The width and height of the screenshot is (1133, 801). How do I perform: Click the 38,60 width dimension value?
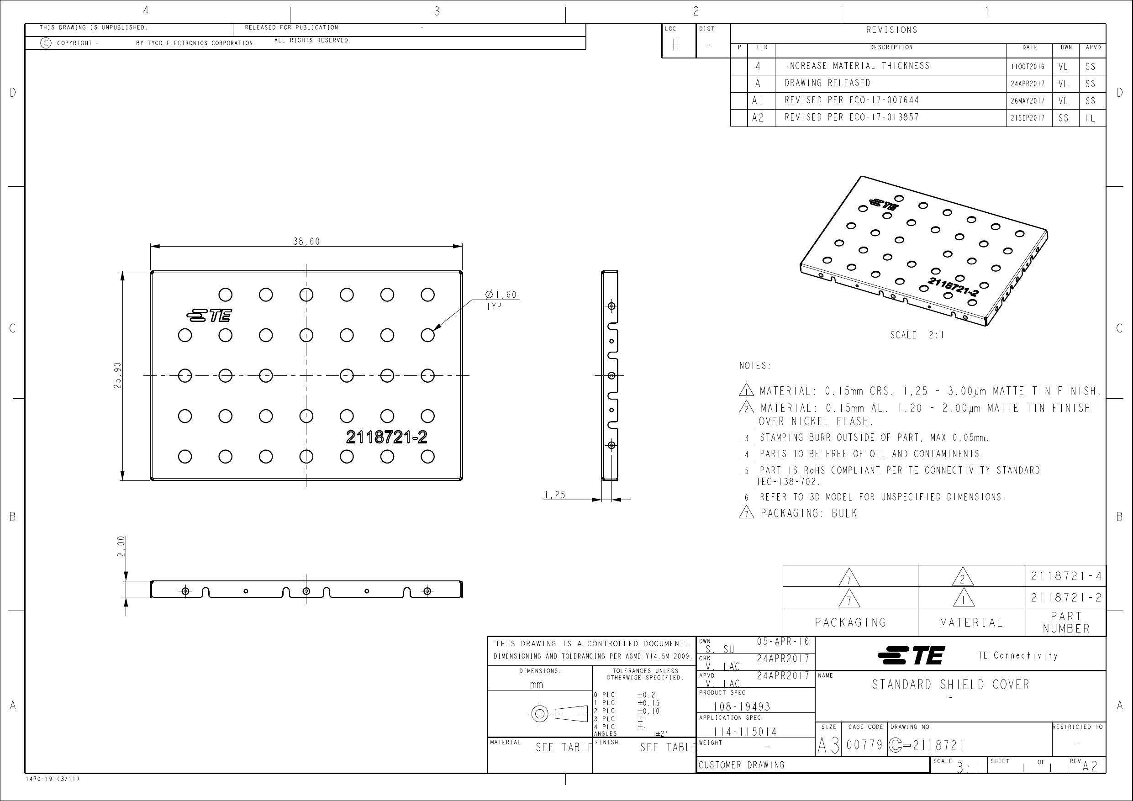click(306, 241)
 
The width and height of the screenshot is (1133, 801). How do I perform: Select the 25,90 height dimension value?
click(117, 375)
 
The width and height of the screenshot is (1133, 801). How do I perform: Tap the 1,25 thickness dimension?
click(555, 495)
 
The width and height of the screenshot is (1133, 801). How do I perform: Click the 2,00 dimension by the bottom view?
click(121, 546)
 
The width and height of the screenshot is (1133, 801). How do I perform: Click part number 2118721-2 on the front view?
click(386, 437)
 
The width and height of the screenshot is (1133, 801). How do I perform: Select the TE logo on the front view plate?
click(209, 316)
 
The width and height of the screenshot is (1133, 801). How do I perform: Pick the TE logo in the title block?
click(911, 655)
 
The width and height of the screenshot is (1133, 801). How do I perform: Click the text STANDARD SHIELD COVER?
click(951, 685)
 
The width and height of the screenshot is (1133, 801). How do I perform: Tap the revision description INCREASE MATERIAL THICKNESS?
click(857, 66)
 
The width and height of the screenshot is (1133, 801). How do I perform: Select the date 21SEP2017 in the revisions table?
click(1028, 118)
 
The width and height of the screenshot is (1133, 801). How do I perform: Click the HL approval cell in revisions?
click(1090, 118)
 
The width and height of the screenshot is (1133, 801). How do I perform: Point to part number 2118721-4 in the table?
click(1066, 576)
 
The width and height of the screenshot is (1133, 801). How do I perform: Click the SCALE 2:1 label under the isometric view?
click(917, 335)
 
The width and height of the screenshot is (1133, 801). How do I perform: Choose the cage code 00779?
click(864, 745)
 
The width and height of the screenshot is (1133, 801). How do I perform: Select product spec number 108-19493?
click(742, 707)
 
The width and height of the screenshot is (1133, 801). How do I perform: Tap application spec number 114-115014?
click(745, 732)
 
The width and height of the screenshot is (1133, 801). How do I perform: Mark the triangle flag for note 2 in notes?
click(746, 407)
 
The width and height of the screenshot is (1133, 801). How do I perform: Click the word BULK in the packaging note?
click(844, 513)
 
